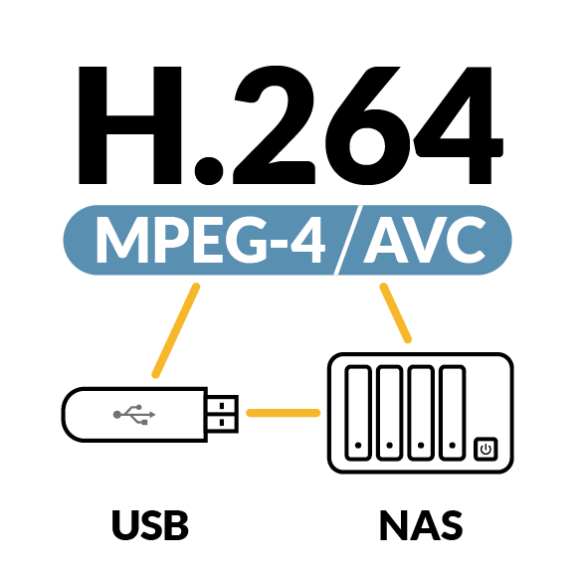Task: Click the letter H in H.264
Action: click(130, 125)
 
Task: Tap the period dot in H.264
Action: click(209, 171)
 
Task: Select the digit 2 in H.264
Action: click(275, 124)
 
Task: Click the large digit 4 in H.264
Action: click(459, 125)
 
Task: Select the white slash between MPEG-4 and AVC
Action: click(348, 240)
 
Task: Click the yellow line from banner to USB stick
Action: click(176, 330)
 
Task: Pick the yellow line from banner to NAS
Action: click(396, 312)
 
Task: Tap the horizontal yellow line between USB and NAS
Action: click(284, 413)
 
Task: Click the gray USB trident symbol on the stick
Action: click(134, 415)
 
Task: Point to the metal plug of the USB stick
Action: click(223, 414)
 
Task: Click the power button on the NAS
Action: click(486, 449)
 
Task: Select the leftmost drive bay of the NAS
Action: click(358, 413)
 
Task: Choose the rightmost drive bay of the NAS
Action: click(453, 413)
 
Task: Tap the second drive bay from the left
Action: click(389, 413)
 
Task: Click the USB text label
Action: click(150, 524)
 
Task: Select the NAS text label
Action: click(421, 524)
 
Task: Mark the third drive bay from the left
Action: click(421, 413)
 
